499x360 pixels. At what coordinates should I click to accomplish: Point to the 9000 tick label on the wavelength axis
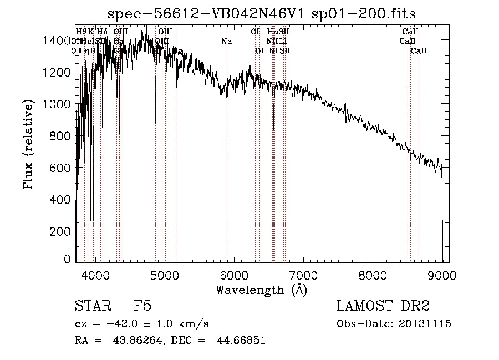pos(442,275)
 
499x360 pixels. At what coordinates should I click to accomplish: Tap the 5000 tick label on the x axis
pos(165,275)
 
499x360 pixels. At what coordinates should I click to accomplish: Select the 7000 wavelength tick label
pos(303,275)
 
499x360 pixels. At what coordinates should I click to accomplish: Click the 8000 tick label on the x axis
pos(373,275)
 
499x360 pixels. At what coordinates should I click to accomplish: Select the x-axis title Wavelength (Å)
pos(261,290)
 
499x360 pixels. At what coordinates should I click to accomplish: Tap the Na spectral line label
pos(226,41)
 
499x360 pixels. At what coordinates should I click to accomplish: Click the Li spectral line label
pos(283,41)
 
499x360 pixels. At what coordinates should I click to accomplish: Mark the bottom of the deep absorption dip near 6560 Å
pos(273,129)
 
